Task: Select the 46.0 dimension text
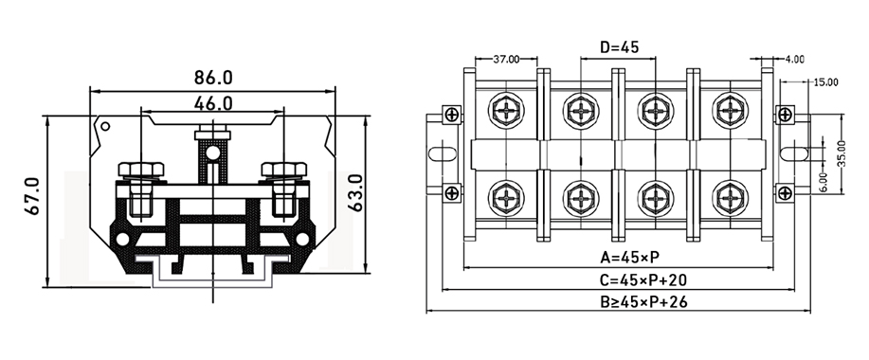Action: [x=213, y=101]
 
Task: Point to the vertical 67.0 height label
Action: [x=30, y=194]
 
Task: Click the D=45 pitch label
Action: [x=620, y=46]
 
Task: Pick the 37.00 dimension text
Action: [x=508, y=59]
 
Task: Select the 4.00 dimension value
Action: [x=794, y=59]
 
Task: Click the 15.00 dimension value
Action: [x=825, y=82]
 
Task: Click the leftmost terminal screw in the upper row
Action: [x=506, y=111]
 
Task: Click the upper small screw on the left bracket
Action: [x=453, y=116]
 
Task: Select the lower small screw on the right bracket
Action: [x=786, y=192]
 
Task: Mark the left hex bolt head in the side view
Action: [x=141, y=172]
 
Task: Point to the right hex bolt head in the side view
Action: [x=282, y=172]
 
